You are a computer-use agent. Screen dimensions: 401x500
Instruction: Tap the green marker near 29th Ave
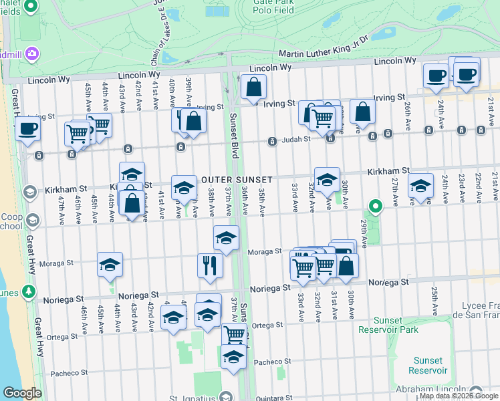pyautogui.click(x=376, y=208)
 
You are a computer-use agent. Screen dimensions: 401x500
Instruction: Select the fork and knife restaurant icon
pyautogui.click(x=211, y=265)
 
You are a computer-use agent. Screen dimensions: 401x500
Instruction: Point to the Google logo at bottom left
pyautogui.click(x=21, y=393)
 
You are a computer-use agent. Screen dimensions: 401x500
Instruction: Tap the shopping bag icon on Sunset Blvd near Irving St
pyautogui.click(x=253, y=87)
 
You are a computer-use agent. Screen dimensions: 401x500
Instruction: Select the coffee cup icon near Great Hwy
pyautogui.click(x=27, y=128)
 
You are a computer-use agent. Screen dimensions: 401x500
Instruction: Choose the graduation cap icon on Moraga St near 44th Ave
pyautogui.click(x=110, y=265)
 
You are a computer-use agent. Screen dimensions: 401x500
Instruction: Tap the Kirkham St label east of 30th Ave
pyautogui.click(x=388, y=172)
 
